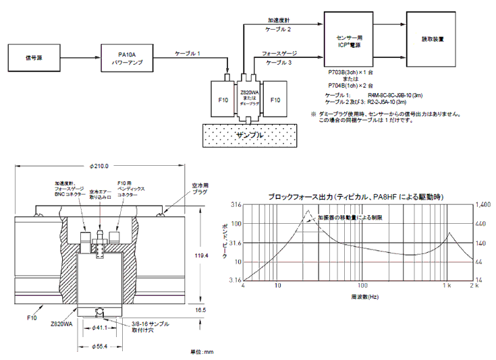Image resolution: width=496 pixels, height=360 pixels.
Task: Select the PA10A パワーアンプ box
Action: click(128, 55)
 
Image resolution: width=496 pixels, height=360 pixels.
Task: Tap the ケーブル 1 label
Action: click(188, 52)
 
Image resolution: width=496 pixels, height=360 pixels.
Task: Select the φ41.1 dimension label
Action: click(99, 328)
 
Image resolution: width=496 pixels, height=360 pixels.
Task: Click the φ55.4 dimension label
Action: click(99, 348)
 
